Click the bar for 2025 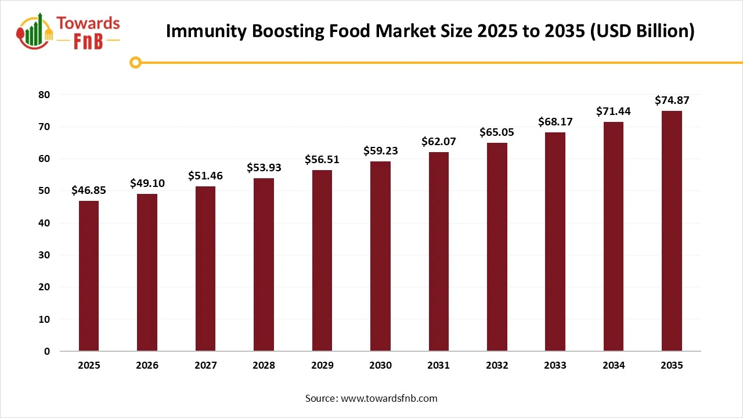click(x=89, y=276)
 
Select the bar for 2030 click(x=380, y=256)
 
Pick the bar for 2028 click(x=264, y=265)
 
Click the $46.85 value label click(x=89, y=190)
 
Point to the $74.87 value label click(x=672, y=100)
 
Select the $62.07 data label click(x=439, y=141)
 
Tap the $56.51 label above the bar click(x=322, y=159)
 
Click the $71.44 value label click(x=614, y=111)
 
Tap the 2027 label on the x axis click(x=205, y=365)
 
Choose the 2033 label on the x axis click(x=555, y=365)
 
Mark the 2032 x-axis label click(x=497, y=365)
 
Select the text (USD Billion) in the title click(x=643, y=31)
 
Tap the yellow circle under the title click(x=136, y=62)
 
